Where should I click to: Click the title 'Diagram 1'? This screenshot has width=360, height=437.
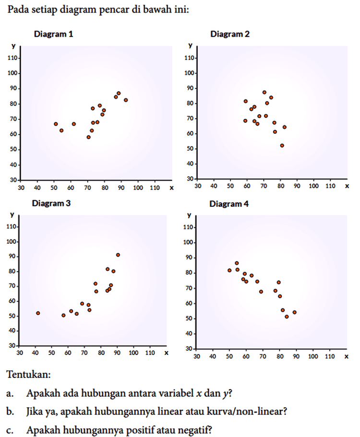click(x=53, y=34)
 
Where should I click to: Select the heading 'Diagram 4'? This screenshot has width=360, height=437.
click(x=229, y=204)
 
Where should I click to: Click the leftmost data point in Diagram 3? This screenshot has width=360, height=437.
click(x=38, y=313)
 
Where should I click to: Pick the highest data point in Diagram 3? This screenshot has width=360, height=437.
click(x=118, y=255)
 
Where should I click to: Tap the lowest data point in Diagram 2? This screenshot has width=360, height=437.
click(x=282, y=145)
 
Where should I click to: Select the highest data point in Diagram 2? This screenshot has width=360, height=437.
click(x=264, y=92)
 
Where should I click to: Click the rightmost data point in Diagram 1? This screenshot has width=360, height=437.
click(x=126, y=100)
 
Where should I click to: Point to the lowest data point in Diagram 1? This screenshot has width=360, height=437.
click(x=88, y=137)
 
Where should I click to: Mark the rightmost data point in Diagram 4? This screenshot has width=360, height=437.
click(x=294, y=312)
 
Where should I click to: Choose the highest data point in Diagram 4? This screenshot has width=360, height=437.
click(x=237, y=263)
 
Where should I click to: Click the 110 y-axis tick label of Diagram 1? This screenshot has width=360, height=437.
click(x=13, y=58)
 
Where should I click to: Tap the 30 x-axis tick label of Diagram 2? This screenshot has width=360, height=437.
click(x=197, y=185)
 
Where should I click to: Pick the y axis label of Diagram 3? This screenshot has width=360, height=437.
click(x=11, y=215)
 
